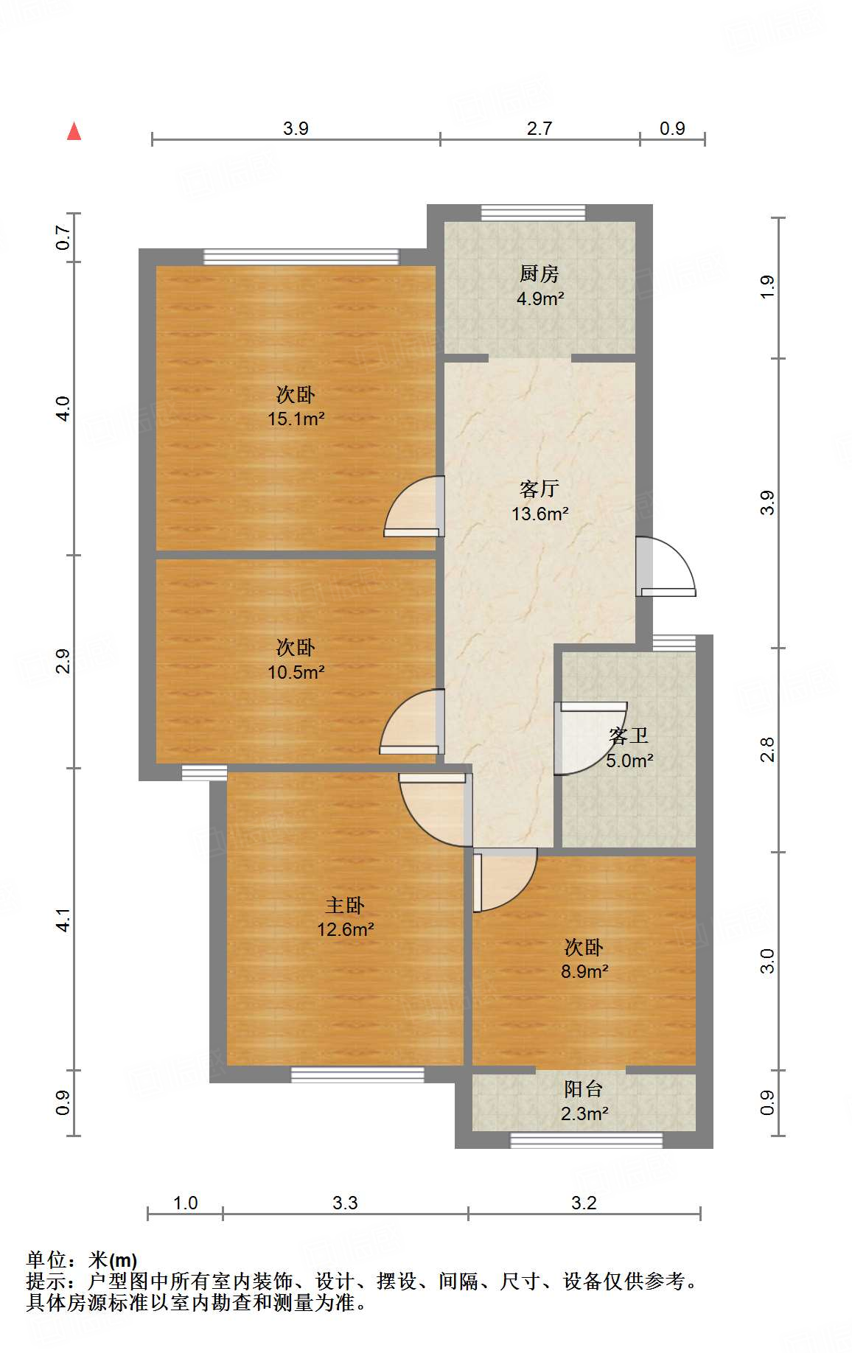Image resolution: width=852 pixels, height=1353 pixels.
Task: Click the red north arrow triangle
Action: coord(74,131)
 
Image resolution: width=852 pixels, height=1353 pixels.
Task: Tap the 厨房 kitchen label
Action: coord(539,274)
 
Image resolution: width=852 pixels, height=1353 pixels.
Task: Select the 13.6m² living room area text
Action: coord(540,514)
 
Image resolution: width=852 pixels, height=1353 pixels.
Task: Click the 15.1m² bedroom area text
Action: coord(296,419)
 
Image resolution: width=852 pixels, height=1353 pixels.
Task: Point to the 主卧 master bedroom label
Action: coord(345,905)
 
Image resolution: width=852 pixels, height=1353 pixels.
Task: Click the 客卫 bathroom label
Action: coord(629,735)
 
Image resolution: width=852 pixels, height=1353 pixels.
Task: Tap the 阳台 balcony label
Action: coord(584,1088)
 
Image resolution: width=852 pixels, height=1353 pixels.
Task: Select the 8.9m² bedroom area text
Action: coord(584,971)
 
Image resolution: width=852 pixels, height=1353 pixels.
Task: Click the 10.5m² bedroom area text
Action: coord(296,672)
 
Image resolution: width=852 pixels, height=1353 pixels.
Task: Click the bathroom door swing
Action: coord(586,737)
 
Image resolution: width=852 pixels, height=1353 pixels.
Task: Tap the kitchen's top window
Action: coord(533,213)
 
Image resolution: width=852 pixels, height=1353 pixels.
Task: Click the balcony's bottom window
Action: coord(587,1140)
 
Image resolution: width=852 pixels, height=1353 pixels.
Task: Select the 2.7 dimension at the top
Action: coord(539,128)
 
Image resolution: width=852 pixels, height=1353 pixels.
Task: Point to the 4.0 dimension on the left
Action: coord(63,408)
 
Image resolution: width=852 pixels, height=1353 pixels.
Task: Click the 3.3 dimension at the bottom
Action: coord(345,1203)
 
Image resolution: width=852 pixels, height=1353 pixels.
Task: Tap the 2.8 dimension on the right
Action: coord(767,749)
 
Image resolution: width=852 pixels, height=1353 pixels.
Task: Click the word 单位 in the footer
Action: coord(46,1260)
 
